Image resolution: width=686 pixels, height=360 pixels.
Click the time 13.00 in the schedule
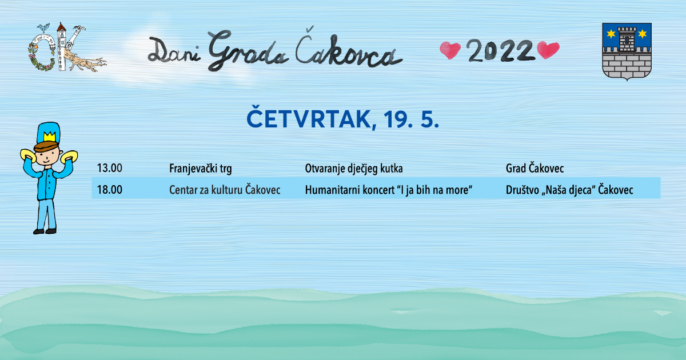(110, 168)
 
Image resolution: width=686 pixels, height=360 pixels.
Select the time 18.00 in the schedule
(110, 190)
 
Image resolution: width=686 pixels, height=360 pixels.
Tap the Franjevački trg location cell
(201, 169)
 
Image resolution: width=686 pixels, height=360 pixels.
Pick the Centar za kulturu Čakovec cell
(225, 190)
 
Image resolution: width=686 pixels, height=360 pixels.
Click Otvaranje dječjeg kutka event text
(354, 169)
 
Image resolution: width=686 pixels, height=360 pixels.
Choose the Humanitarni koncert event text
(389, 190)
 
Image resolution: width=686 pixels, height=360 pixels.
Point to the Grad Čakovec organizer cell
(535, 169)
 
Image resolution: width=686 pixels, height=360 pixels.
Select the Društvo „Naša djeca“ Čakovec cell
(569, 190)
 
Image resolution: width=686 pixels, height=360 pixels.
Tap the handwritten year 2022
(501, 50)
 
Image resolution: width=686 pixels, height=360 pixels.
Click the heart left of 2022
(450, 50)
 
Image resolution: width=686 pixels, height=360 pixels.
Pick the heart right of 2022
(548, 50)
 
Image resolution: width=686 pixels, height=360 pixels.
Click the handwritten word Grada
(248, 50)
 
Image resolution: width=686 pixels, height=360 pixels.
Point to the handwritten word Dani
(174, 50)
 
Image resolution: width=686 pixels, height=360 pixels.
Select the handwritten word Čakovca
(349, 49)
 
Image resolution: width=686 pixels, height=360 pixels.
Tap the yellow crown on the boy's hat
(49, 137)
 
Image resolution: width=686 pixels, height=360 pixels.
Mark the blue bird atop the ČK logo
(43, 27)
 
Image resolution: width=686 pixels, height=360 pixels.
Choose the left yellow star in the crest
(611, 34)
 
